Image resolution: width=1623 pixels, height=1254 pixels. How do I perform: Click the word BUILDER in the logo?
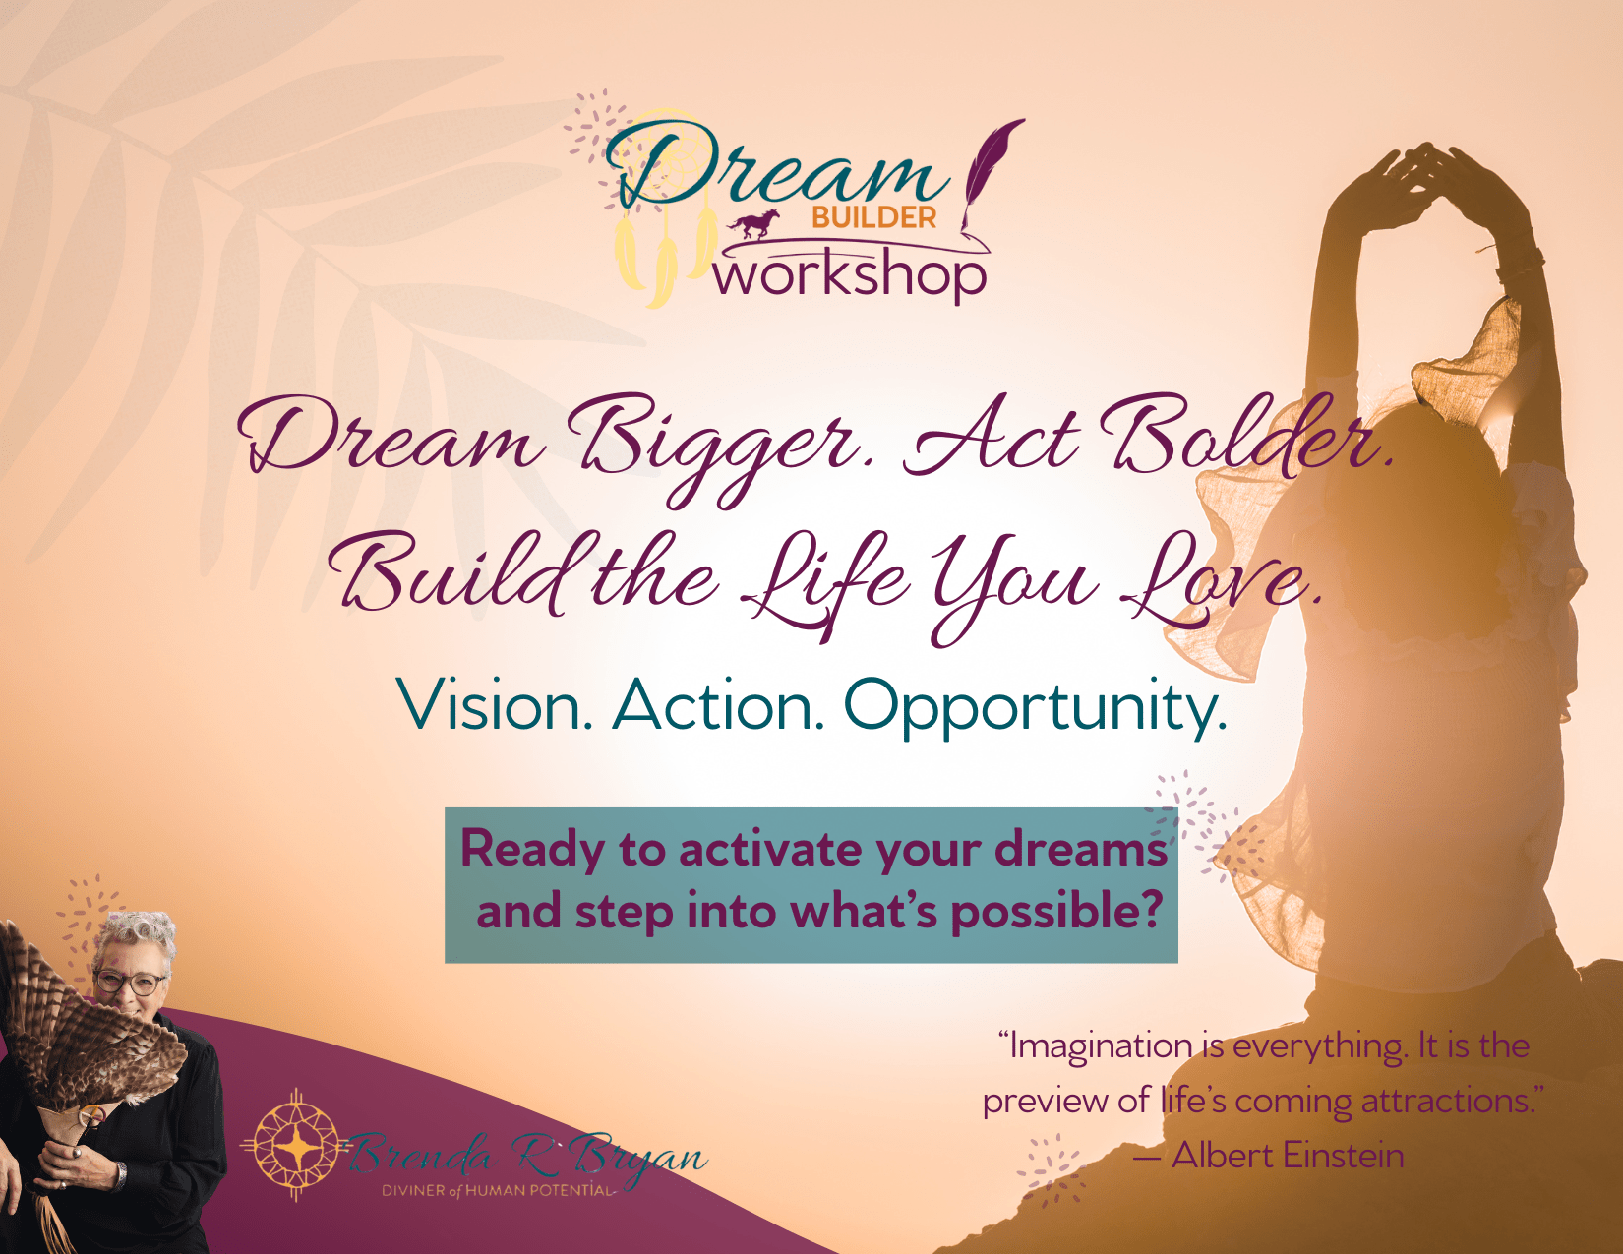873,217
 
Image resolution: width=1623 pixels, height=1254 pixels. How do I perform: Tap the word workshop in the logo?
850,278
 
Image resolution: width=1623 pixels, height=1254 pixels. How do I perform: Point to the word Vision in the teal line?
495,705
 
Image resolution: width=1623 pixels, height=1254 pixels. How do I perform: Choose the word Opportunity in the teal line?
1035,709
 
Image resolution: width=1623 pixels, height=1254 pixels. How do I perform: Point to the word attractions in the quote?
1441,1102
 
